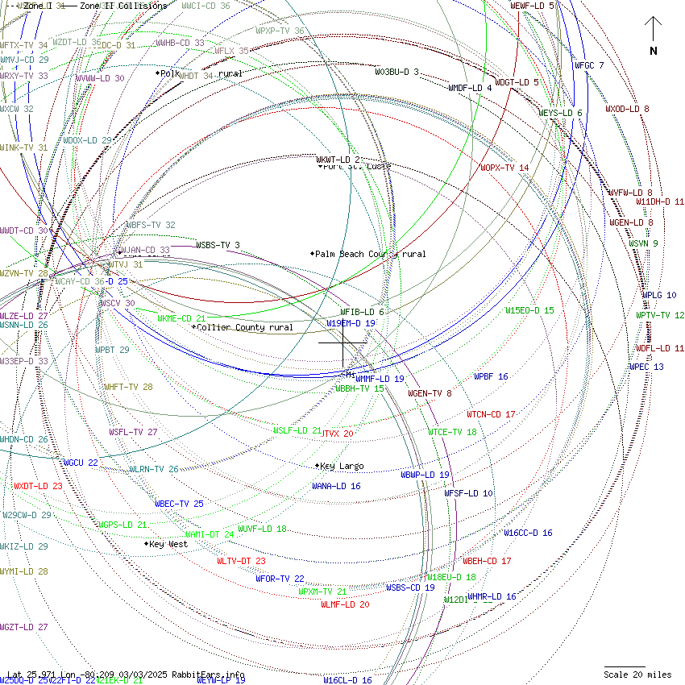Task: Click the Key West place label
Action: click(168, 544)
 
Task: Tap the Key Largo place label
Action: click(342, 466)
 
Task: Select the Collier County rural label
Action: click(245, 327)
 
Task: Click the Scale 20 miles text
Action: click(637, 675)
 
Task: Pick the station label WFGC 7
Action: click(588, 65)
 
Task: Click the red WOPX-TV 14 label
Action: click(504, 168)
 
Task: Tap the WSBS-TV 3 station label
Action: click(218, 245)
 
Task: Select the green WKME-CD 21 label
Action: click(181, 318)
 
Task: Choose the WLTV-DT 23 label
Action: click(241, 560)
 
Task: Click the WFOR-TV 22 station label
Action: click(280, 578)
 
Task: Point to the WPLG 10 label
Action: click(659, 295)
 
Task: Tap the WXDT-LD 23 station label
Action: click(38, 486)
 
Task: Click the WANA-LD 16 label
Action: click(336, 486)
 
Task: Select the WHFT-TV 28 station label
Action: click(128, 387)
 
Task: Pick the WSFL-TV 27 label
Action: click(133, 432)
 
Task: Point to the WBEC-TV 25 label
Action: click(179, 504)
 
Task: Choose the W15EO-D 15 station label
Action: click(529, 310)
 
